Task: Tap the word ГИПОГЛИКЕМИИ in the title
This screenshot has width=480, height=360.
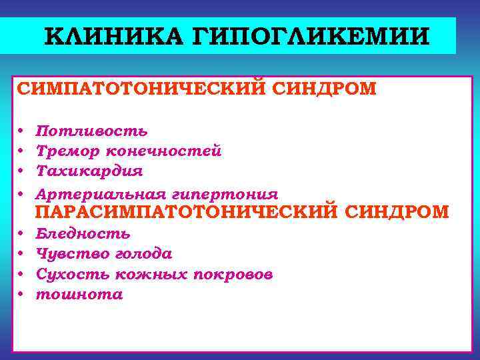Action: point(306,35)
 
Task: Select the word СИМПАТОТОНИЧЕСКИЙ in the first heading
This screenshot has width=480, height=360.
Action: point(141,89)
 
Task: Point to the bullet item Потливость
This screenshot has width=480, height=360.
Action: point(92,131)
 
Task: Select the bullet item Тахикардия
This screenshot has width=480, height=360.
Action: point(89,171)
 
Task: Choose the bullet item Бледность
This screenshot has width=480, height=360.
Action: point(83,234)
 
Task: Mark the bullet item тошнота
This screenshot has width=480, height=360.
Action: point(79,295)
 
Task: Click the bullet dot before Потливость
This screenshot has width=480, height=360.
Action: point(21,131)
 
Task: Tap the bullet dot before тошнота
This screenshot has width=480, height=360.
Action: point(21,295)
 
